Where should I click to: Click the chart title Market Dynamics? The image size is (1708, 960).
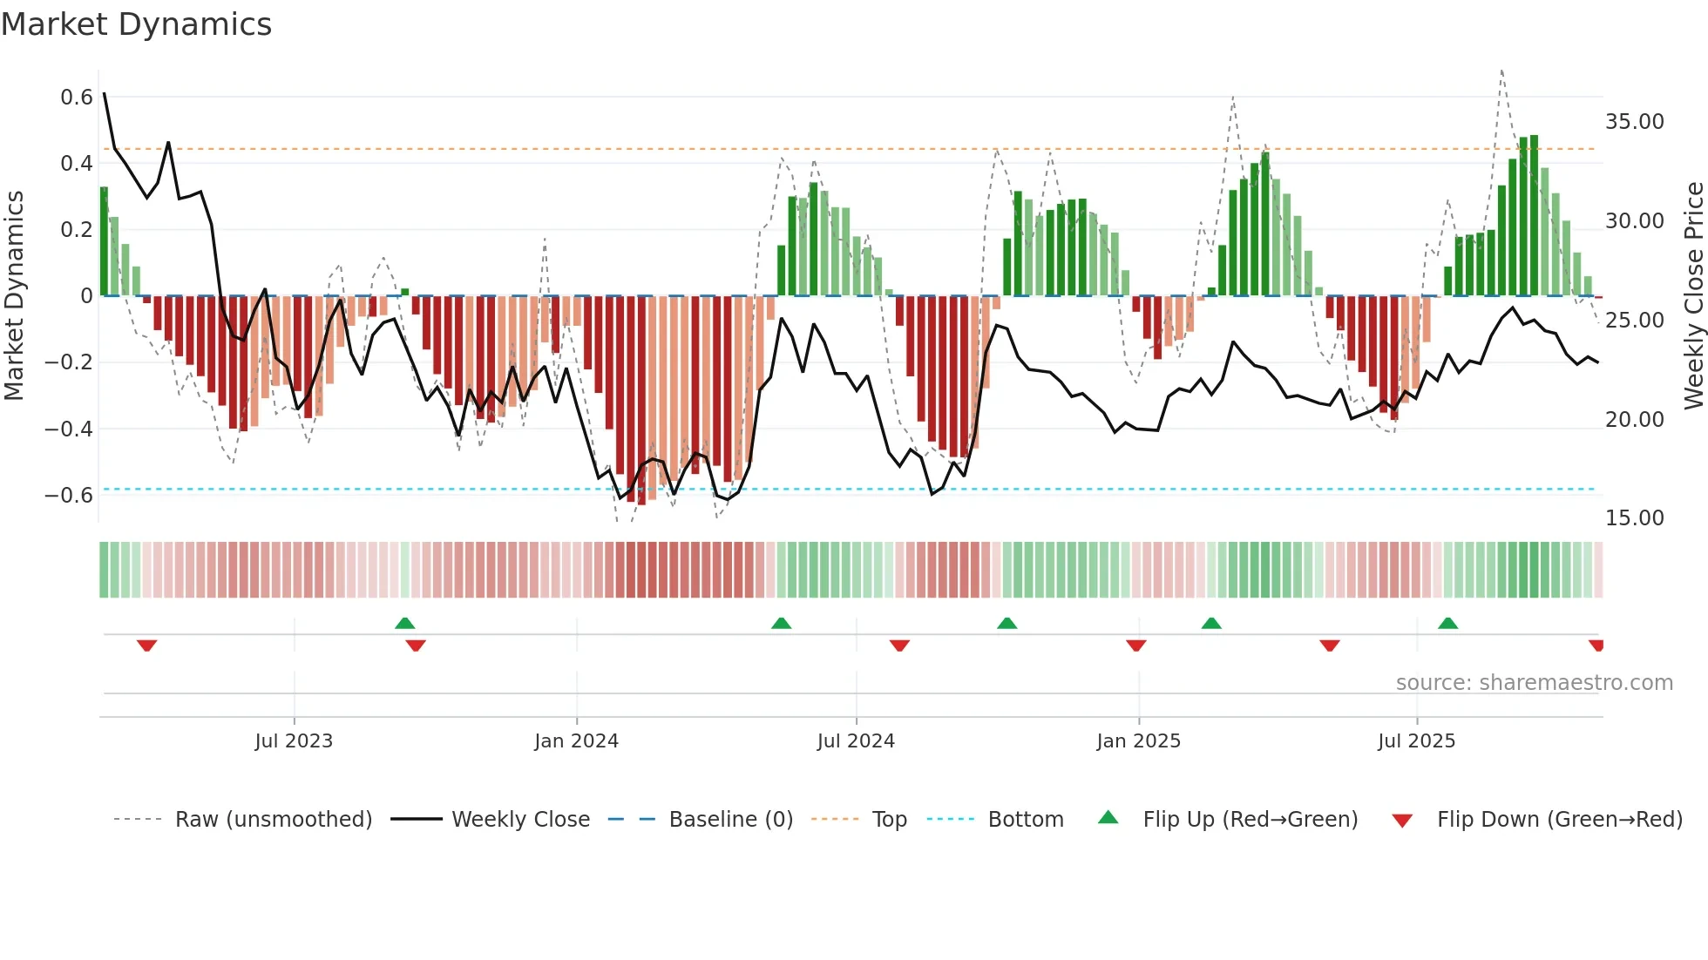[x=136, y=24]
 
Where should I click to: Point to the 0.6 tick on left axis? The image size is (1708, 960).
[x=77, y=97]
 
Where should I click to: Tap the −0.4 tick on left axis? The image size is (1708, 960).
[x=69, y=429]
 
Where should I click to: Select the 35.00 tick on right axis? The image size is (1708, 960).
[x=1634, y=122]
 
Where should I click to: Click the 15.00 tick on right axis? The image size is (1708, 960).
[x=1634, y=518]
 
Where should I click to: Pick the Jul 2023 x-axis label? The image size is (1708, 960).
[x=294, y=741]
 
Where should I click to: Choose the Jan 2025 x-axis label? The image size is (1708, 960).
[x=1138, y=741]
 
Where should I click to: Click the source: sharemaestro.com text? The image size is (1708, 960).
[x=1534, y=683]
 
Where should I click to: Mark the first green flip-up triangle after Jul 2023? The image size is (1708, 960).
[x=404, y=623]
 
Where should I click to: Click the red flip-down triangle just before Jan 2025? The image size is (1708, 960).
[x=1135, y=646]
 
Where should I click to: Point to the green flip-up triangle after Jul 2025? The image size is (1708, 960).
[x=1447, y=623]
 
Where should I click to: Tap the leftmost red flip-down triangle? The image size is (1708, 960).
[x=146, y=646]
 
